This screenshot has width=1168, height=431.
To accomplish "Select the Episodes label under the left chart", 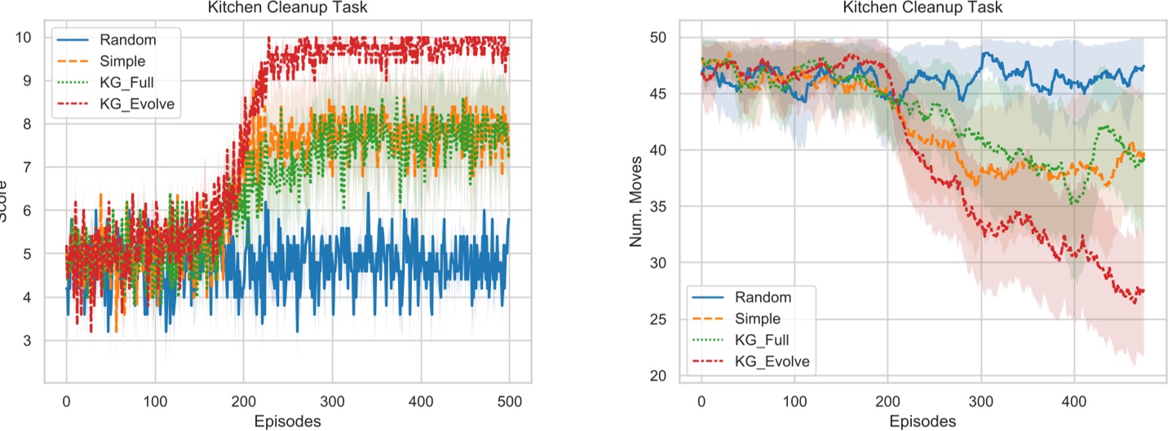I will tap(286, 420).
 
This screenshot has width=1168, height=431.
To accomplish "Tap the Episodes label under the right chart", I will tap(922, 420).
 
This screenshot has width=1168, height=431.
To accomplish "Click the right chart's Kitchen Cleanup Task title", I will tap(922, 7).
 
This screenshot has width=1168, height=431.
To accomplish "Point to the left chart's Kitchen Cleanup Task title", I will tap(286, 7).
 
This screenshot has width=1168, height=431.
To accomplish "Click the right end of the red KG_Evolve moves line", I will tap(1144, 291).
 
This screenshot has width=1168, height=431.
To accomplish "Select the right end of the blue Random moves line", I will tap(1144, 67).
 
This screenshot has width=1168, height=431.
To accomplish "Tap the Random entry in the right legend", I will tap(764, 296).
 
